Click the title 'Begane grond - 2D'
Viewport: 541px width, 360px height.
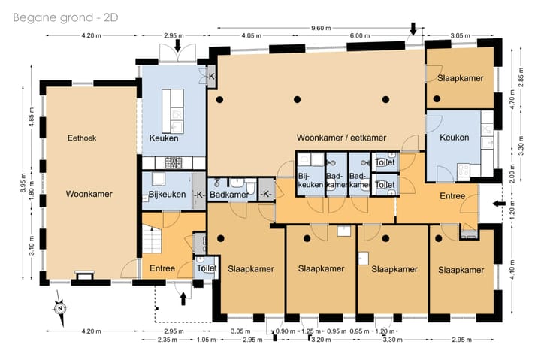point(65,17)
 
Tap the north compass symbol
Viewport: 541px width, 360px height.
point(61,308)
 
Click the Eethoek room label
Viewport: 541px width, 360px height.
point(82,138)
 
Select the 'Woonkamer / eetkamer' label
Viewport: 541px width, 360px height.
point(341,138)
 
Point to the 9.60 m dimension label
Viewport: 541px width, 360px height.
point(321,28)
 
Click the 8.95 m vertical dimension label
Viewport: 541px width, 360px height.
point(23,183)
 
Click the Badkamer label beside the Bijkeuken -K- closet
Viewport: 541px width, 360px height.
point(229,195)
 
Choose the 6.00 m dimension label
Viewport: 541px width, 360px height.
point(359,35)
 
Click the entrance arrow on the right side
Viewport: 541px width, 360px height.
point(499,204)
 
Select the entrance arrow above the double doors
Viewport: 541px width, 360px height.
point(177,46)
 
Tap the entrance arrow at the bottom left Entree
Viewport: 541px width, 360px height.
point(183,299)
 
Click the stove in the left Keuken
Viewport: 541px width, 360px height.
point(174,163)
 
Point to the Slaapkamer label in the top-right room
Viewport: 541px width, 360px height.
point(461,78)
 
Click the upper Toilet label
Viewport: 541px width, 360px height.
point(385,162)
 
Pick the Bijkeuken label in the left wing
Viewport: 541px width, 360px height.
point(167,195)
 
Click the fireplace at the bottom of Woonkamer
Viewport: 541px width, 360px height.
point(84,276)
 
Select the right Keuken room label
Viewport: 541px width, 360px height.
point(454,138)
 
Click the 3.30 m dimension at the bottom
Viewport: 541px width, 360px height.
point(393,340)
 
